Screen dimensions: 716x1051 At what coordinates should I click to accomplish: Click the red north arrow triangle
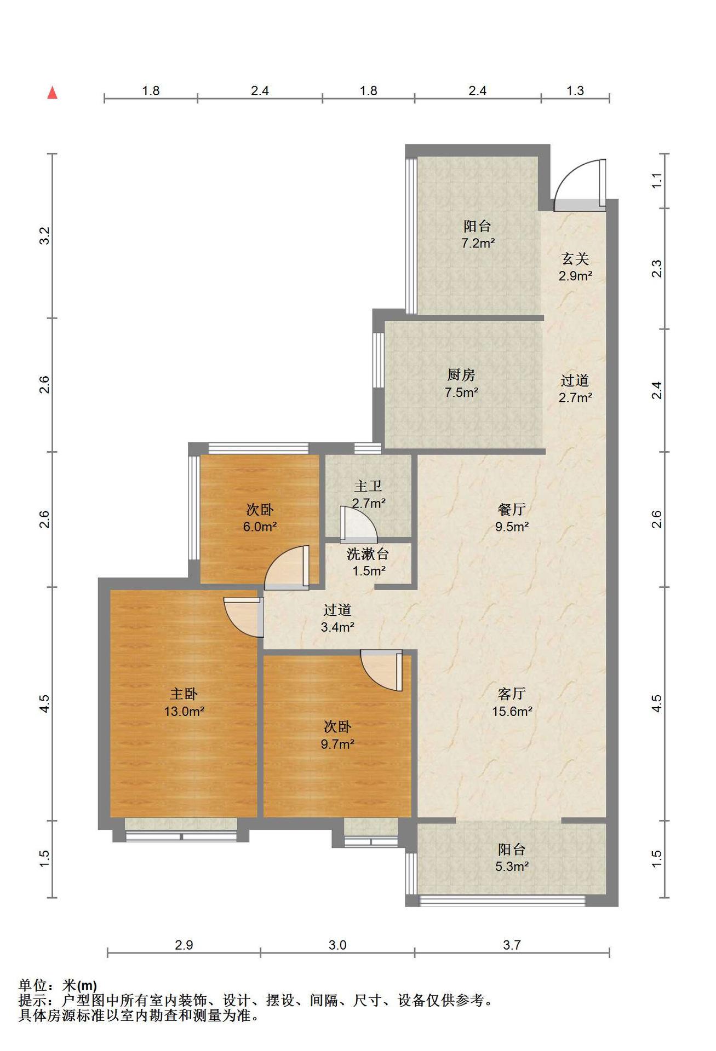53,93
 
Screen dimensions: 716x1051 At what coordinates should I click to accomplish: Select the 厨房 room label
461,375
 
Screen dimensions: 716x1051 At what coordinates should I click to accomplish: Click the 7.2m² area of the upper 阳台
478,243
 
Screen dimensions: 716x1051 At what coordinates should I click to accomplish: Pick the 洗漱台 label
368,554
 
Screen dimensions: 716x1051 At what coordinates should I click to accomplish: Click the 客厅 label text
512,694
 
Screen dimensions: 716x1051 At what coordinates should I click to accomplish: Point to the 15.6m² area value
512,712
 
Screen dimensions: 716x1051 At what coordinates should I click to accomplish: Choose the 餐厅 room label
512,510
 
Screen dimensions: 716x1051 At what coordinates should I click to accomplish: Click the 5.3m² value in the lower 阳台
512,867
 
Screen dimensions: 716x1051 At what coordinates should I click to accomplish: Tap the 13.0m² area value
184,712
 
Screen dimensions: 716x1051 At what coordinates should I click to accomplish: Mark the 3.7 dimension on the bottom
512,945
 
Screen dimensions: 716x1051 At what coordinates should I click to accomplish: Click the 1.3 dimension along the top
575,91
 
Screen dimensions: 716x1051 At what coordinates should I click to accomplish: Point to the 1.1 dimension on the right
657,181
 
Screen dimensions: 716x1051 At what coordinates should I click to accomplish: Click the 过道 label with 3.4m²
337,610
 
